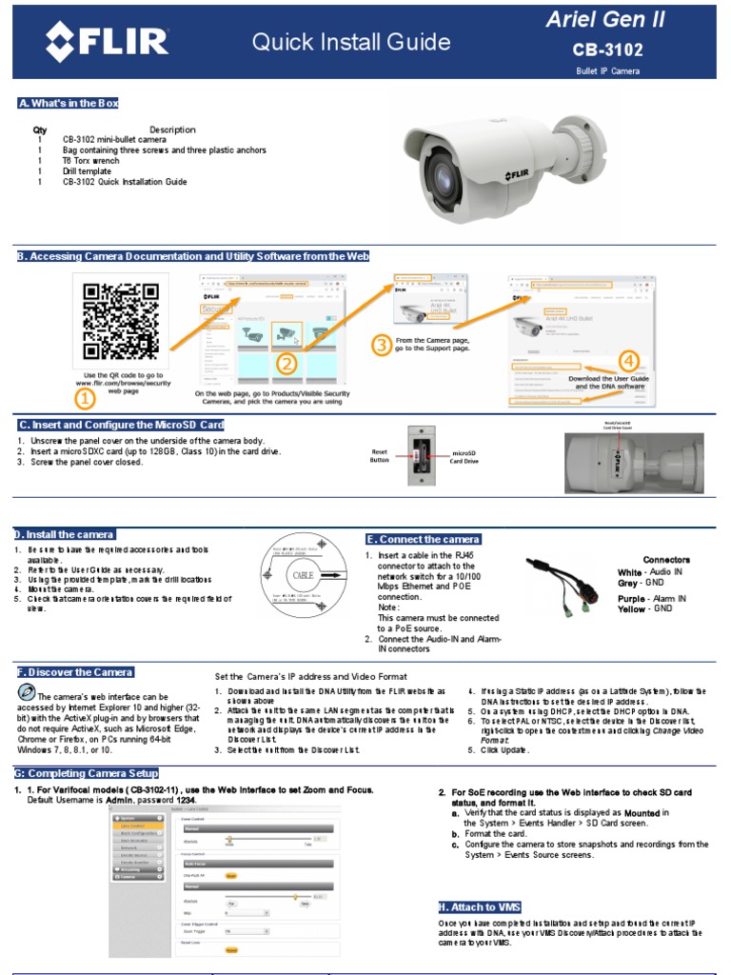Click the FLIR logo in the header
click(x=108, y=42)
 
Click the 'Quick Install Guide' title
click(x=351, y=41)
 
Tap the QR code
click(x=121, y=320)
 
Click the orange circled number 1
click(x=84, y=399)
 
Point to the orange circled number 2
click(x=287, y=362)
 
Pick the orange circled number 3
click(x=381, y=346)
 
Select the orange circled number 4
click(x=628, y=361)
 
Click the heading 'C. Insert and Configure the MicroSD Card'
click(x=121, y=425)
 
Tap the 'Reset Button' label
click(x=381, y=455)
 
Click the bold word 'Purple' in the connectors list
click(x=631, y=598)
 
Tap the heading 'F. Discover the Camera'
click(x=75, y=672)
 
